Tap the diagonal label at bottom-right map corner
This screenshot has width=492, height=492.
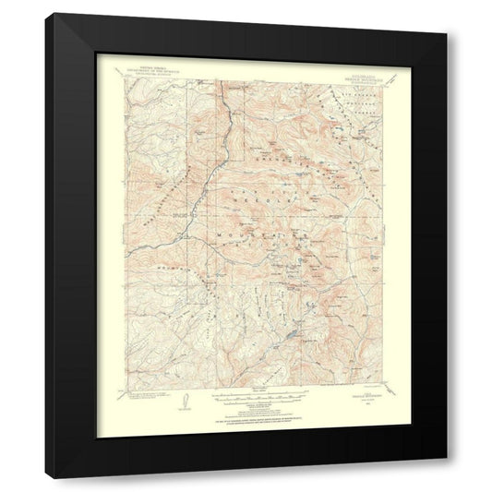pyautogui.click(x=387, y=392)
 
